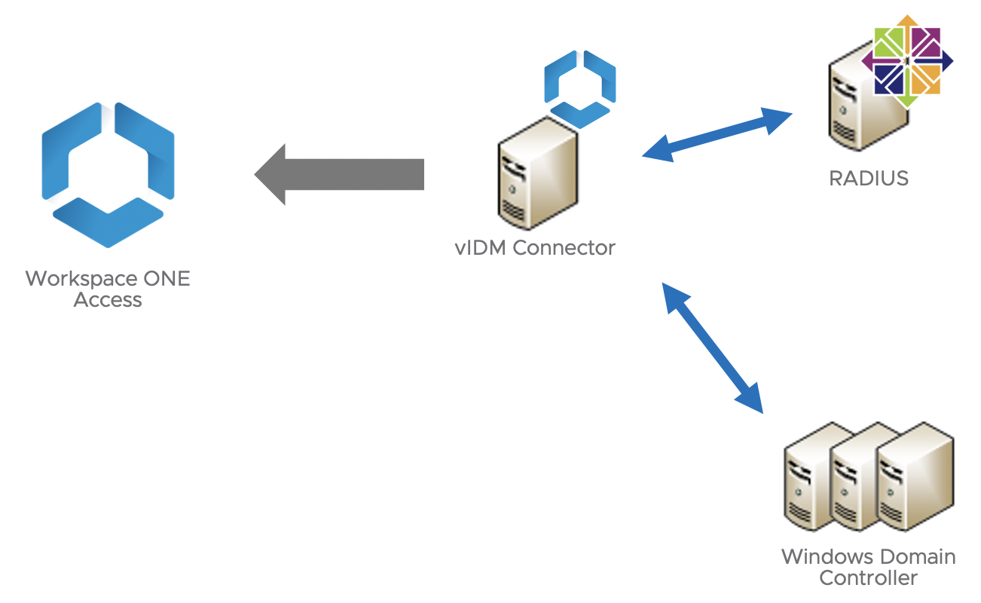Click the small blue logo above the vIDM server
pyautogui.click(x=580, y=87)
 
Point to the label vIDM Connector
pyautogui.click(x=535, y=248)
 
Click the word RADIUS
pyautogui.click(x=868, y=179)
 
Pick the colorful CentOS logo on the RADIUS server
pyautogui.click(x=907, y=60)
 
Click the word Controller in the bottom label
pyautogui.click(x=868, y=579)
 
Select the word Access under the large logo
pyautogui.click(x=108, y=300)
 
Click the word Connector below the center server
pyautogui.click(x=563, y=248)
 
